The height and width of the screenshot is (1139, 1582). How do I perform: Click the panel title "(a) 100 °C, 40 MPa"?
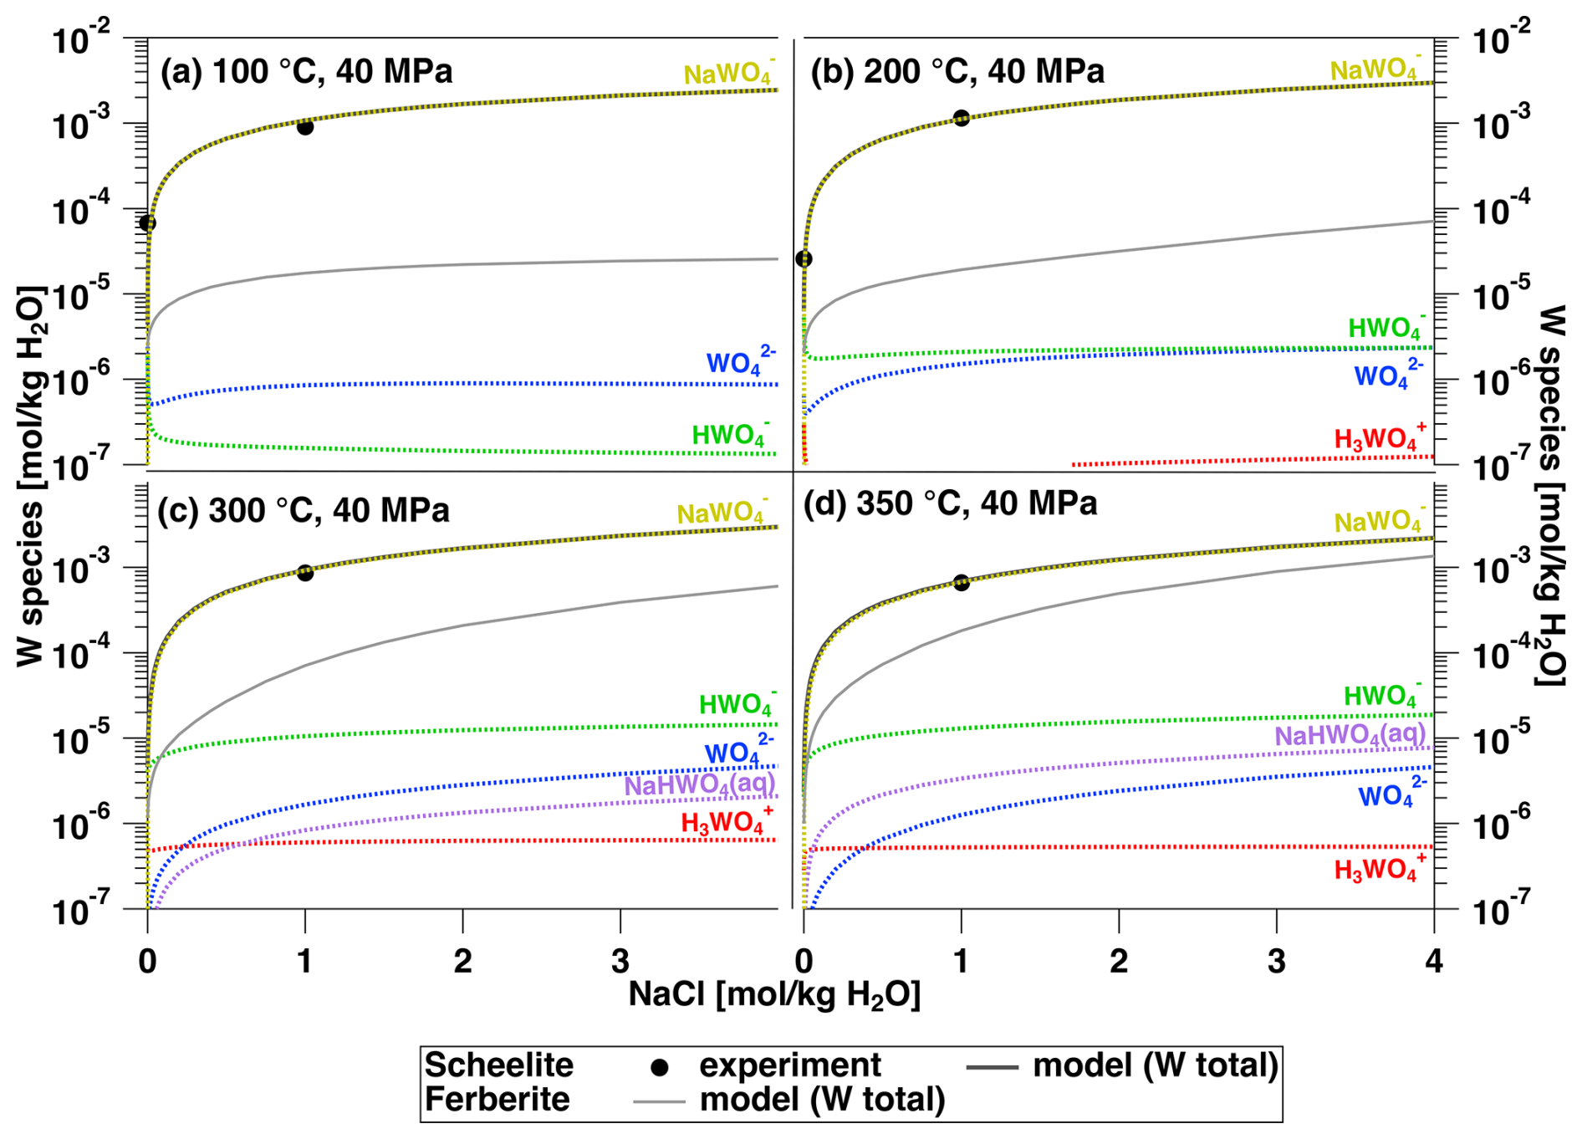tap(306, 72)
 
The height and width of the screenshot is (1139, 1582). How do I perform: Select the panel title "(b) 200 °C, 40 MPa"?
tap(957, 72)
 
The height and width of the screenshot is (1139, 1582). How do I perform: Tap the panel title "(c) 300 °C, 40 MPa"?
tap(303, 510)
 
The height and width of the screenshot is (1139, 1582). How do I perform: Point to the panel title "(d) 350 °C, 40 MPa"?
tap(950, 503)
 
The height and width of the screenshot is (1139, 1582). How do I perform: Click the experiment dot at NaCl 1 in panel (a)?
tap(305, 127)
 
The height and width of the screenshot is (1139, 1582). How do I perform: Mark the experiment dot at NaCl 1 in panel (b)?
tap(962, 118)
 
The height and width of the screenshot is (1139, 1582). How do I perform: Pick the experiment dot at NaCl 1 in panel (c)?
tap(305, 573)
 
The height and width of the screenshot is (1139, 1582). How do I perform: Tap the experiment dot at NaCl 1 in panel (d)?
tap(962, 582)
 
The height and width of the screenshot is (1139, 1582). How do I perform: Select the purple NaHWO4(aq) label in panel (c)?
tap(699, 785)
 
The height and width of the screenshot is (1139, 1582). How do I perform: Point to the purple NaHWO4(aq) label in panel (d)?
tap(1349, 735)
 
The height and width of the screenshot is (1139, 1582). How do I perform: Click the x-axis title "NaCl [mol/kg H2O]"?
tap(774, 995)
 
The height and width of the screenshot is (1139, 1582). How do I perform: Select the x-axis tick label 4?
tap(1433, 962)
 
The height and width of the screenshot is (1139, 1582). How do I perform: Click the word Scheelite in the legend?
tap(498, 1065)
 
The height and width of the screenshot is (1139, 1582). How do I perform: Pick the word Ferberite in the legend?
tap(497, 1100)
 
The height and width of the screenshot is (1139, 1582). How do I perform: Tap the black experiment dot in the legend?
tap(660, 1067)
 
